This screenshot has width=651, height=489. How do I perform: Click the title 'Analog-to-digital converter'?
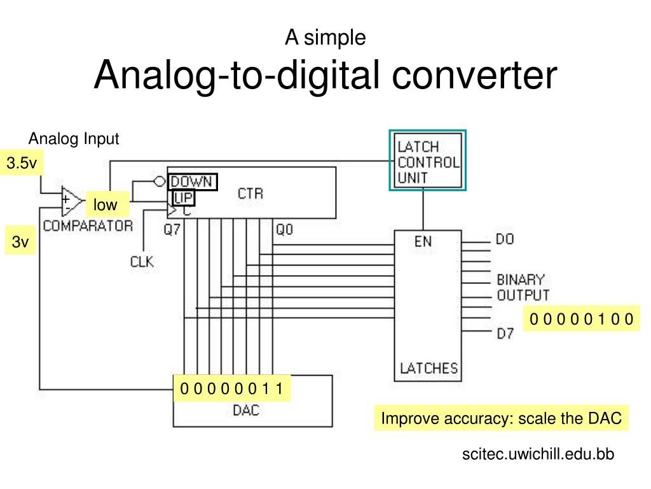click(x=325, y=75)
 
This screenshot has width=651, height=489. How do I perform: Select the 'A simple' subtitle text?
click(x=325, y=38)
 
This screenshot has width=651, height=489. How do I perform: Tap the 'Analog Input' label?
click(x=74, y=139)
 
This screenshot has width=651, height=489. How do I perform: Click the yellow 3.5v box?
click(x=22, y=164)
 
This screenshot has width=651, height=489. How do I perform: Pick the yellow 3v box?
click(x=21, y=243)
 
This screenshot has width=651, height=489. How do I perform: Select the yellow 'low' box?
click(x=106, y=205)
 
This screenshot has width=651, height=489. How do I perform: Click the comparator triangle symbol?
click(x=71, y=202)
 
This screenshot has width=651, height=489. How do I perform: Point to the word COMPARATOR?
click(x=88, y=225)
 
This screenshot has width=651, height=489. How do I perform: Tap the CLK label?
click(x=142, y=261)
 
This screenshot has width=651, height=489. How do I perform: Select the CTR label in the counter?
click(x=250, y=194)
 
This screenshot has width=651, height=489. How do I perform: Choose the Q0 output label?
click(x=284, y=230)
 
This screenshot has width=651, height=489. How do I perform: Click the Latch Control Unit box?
click(x=428, y=160)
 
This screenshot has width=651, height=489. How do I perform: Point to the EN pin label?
click(x=424, y=241)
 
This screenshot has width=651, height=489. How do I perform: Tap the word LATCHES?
click(x=428, y=368)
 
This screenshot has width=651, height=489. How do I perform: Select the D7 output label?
click(x=505, y=332)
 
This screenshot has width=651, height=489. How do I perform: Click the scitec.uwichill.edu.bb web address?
click(x=538, y=454)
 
